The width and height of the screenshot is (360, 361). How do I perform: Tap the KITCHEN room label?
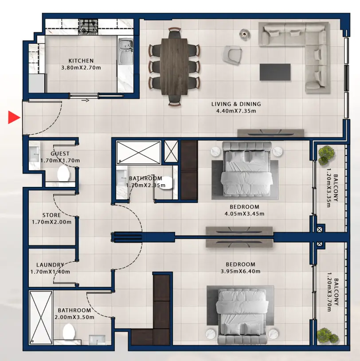tap(81, 61)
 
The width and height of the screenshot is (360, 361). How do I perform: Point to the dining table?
tap(174, 66)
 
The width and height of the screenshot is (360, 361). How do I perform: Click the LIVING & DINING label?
tap(236, 104)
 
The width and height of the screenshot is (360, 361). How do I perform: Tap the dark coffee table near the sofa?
tap(275, 72)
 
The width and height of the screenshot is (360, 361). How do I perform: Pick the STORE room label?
tap(51, 215)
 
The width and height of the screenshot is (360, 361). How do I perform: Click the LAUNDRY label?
tap(51, 265)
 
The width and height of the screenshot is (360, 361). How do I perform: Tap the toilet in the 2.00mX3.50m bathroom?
tap(69, 332)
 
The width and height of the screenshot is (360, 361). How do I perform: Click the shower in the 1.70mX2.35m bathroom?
tap(138, 152)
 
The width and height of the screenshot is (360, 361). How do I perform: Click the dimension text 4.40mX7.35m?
tap(236, 111)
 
